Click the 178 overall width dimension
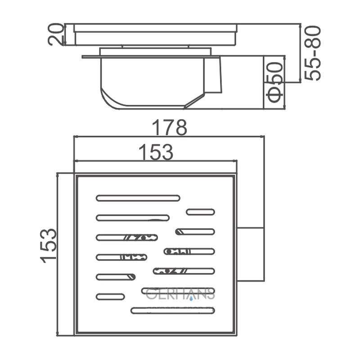point(169,128)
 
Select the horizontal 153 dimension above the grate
point(155,152)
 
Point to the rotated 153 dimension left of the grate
point(49,245)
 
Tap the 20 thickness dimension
point(56,35)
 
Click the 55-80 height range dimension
point(313,53)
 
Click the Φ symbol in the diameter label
point(275,96)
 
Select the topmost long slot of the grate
point(138,198)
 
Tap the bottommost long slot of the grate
point(173,310)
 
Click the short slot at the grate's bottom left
point(110,297)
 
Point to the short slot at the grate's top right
point(200,212)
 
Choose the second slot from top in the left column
point(133,218)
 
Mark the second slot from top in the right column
point(195,232)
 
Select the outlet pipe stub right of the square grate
point(250,254)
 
